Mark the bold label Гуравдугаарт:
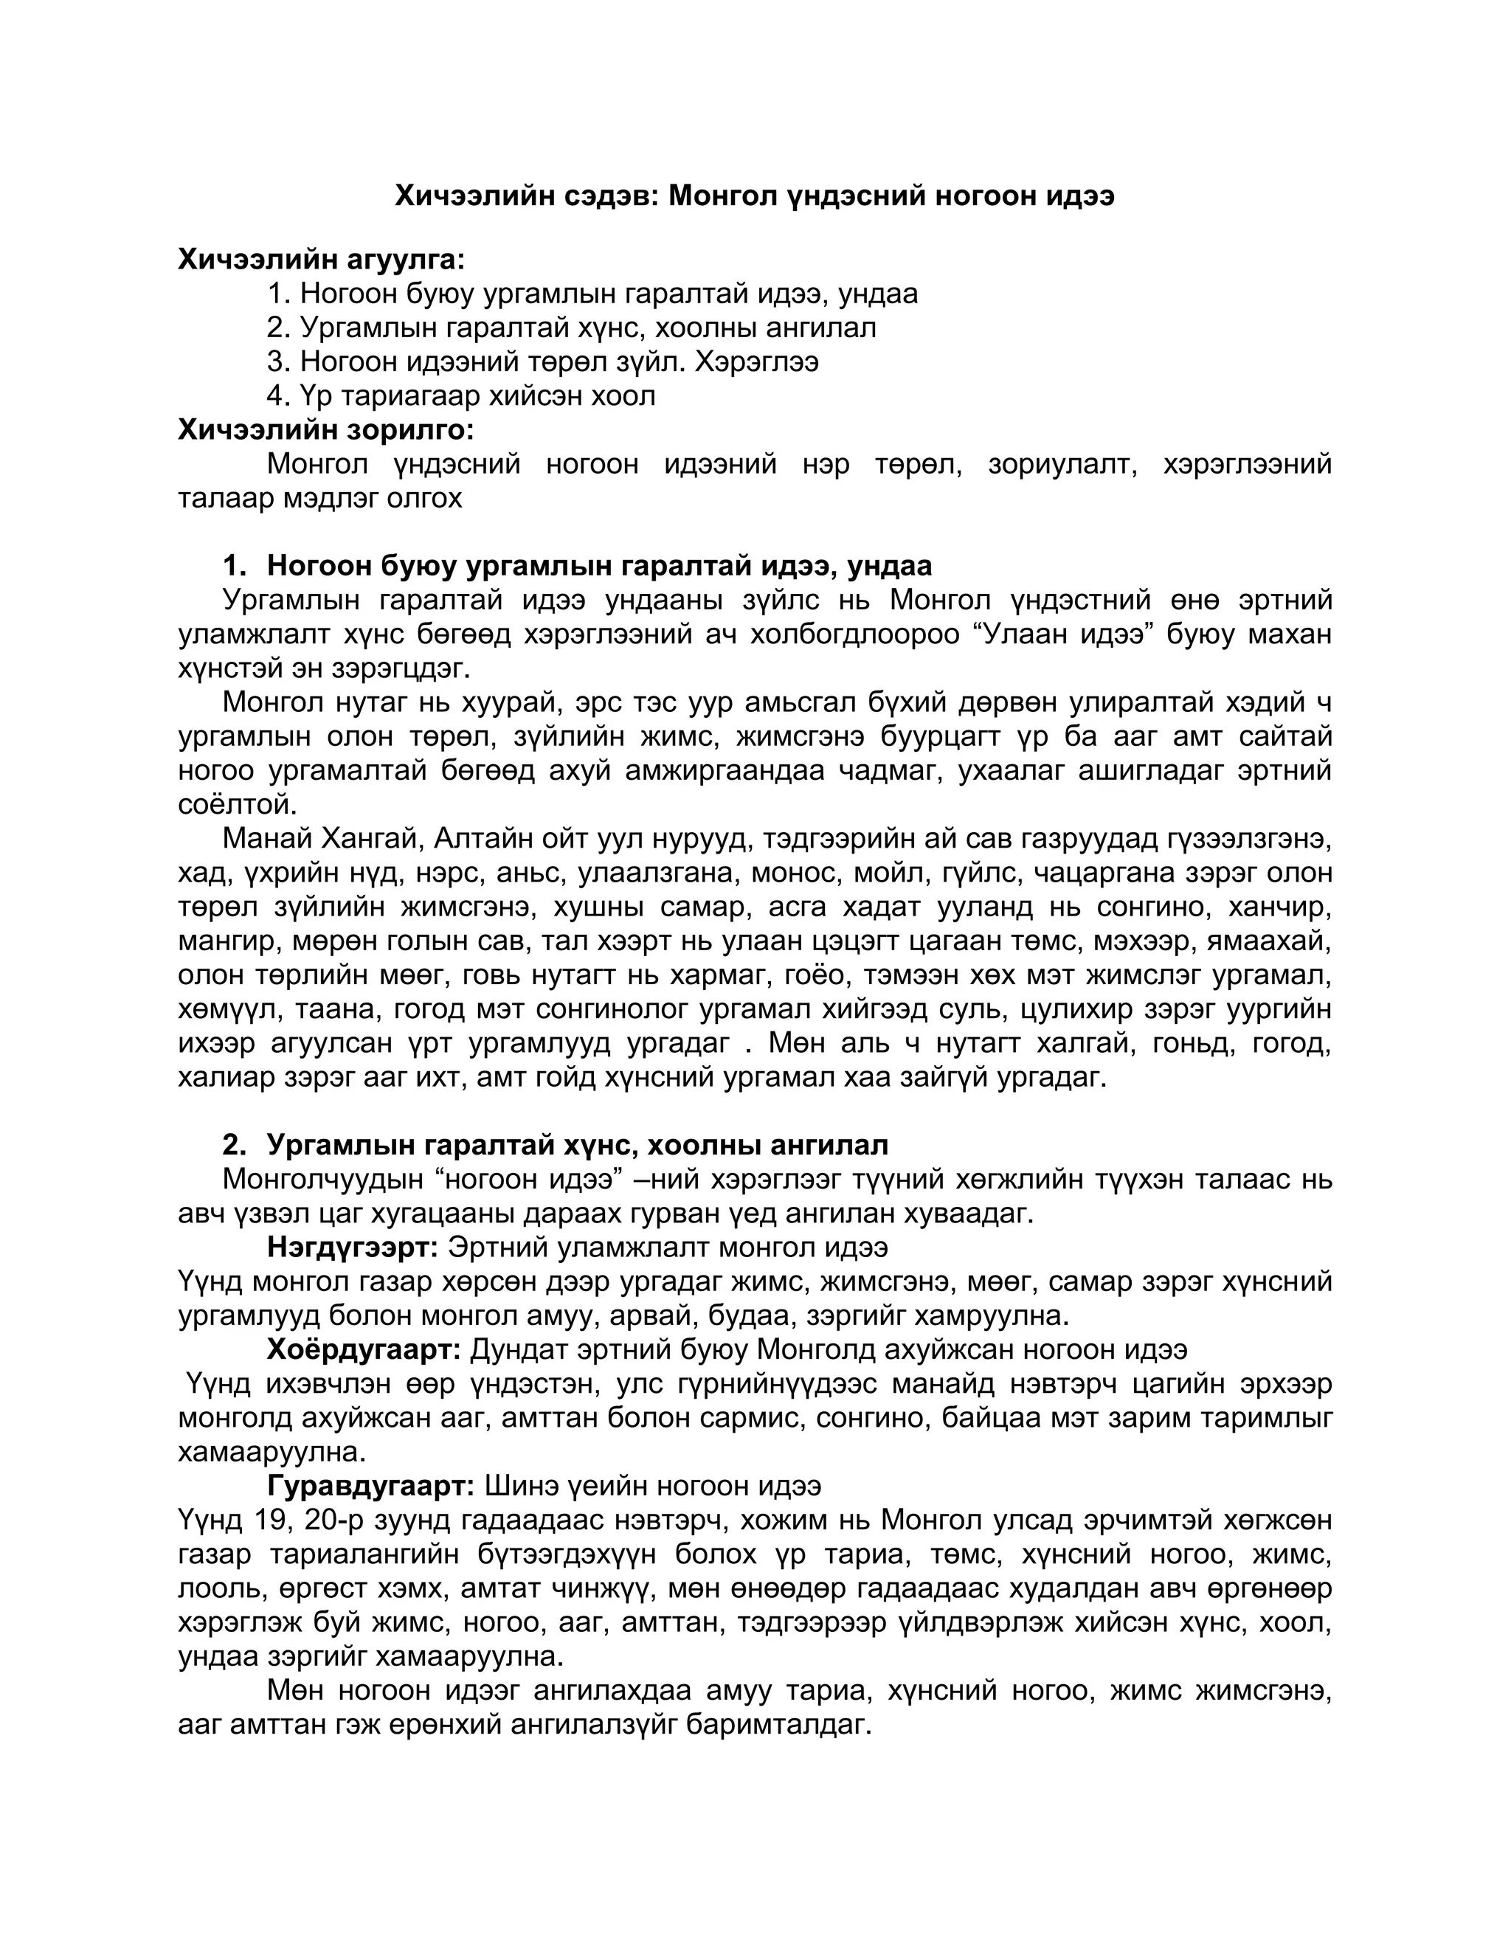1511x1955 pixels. point(370,1486)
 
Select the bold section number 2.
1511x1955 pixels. point(234,1145)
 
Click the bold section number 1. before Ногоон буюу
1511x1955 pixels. point(234,566)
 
